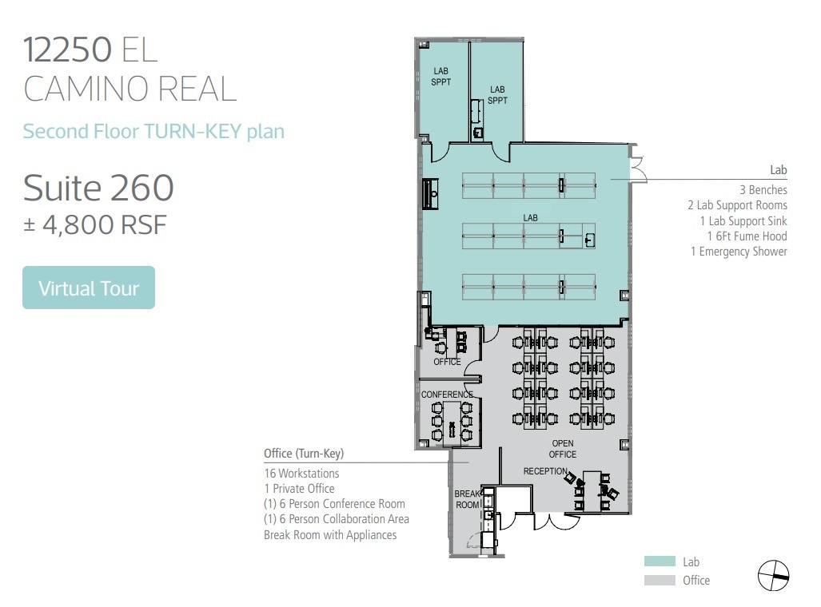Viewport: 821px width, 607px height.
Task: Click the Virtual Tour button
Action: (x=89, y=288)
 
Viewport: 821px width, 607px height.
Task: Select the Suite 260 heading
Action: (x=98, y=188)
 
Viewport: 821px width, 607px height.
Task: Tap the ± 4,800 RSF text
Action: (x=94, y=224)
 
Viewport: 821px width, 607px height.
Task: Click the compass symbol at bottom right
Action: (x=773, y=574)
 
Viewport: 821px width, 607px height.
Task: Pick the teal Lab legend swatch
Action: (x=660, y=562)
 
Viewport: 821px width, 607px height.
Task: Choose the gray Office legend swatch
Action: (x=660, y=581)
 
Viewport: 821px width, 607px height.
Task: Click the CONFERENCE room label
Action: (x=447, y=395)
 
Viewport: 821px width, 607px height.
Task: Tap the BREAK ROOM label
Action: (x=468, y=499)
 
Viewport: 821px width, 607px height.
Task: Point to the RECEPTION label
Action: (x=545, y=471)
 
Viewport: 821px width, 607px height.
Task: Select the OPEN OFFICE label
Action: (x=563, y=449)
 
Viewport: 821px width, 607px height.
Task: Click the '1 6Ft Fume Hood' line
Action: (x=747, y=236)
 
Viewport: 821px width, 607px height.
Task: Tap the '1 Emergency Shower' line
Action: (x=739, y=252)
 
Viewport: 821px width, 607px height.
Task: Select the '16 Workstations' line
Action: (x=301, y=474)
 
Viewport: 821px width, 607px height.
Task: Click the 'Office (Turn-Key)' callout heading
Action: (x=304, y=454)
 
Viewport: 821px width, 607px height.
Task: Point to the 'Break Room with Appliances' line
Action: (x=330, y=534)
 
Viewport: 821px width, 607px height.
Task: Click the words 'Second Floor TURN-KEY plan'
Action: (x=153, y=131)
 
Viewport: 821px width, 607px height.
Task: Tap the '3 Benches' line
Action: (x=763, y=190)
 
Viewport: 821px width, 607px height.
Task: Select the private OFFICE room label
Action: (x=447, y=362)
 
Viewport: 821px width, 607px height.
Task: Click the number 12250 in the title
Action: (x=67, y=50)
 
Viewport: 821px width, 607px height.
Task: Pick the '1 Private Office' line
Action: (x=299, y=489)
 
